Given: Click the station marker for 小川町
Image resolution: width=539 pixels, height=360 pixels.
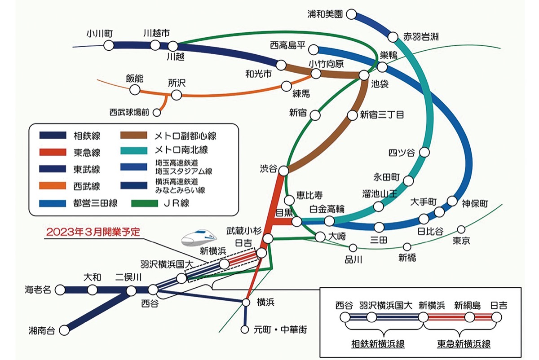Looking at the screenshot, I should coord(108,45).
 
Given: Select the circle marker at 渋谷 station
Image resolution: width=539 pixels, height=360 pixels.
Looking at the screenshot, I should coord(284,170).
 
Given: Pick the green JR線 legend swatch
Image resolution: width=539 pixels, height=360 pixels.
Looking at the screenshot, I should coord(146,203).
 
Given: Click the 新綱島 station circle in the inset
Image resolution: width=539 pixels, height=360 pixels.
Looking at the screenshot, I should coord(470,317).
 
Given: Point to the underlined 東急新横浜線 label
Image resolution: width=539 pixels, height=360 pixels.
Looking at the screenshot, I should coord(464,344).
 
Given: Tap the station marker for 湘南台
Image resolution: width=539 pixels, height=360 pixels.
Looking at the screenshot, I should coord(65,329).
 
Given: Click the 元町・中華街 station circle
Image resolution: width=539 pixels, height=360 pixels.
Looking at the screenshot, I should coord(245,329).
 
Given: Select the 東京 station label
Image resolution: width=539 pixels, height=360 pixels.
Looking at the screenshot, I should coord(461,241).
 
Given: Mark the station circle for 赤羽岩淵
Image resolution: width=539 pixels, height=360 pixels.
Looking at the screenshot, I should coord(394,36).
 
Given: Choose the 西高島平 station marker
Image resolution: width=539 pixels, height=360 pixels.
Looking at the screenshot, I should coord(314,49).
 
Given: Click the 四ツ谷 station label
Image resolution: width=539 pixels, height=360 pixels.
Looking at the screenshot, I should coord(402,153).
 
